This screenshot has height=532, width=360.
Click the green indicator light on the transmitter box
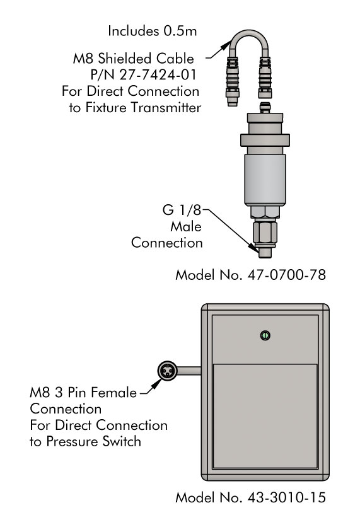tap(265, 335)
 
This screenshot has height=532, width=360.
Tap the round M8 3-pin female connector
tap(168, 371)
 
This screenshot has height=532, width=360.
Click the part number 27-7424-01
tap(158, 74)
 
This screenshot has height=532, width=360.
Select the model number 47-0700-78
tap(287, 275)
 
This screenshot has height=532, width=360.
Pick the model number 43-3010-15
tap(287, 497)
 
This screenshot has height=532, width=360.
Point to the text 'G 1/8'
tap(182, 210)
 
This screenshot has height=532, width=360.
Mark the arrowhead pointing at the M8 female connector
tap(156, 384)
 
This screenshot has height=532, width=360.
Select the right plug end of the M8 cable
tap(265, 78)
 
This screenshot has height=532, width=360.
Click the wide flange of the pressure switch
tap(265, 140)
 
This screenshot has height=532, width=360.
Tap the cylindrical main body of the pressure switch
tap(265, 180)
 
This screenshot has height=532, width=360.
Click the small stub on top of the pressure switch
tap(265, 108)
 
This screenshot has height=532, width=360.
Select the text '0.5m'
tap(180, 32)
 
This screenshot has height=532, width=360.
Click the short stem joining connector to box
tap(189, 371)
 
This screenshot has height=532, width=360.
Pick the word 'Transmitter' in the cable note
tap(166, 108)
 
